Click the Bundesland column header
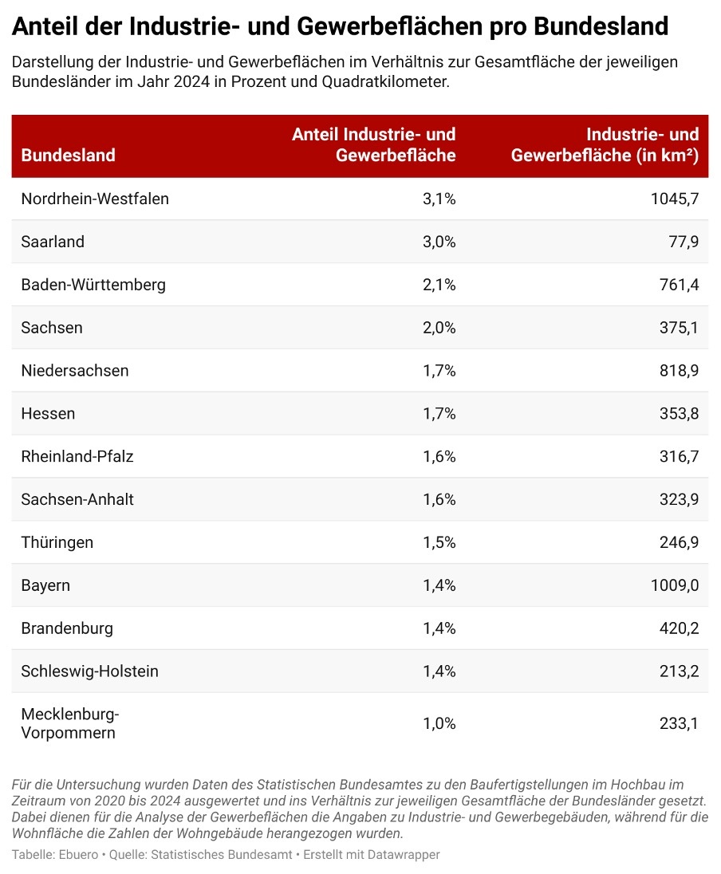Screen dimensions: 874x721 (68, 156)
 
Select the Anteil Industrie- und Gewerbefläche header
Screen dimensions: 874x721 (374, 145)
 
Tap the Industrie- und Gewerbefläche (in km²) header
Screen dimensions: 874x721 (605, 145)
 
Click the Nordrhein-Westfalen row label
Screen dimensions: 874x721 (95, 199)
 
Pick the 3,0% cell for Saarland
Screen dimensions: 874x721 (439, 242)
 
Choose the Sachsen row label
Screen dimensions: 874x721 (52, 328)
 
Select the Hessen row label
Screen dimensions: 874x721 (48, 414)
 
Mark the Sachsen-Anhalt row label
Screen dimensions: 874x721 (77, 500)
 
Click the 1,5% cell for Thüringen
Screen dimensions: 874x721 (439, 543)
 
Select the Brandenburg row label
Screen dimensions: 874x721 (67, 629)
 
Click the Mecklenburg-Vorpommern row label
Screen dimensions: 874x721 (70, 723)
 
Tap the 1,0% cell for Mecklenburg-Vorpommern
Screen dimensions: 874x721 (439, 724)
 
